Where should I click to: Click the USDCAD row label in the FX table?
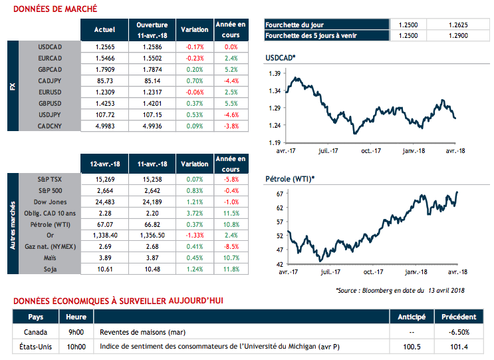[x=51, y=47]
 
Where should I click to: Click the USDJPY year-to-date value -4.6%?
[x=231, y=115]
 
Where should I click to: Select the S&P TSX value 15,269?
[x=104, y=180]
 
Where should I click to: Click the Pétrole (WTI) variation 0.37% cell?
[x=195, y=224]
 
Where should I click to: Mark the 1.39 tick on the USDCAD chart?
[x=272, y=73]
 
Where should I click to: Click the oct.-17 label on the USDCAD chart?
[x=370, y=151]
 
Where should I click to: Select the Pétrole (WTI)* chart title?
[x=289, y=179]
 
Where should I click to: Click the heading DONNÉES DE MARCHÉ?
[x=55, y=9]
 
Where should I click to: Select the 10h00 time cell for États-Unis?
[x=76, y=347]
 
